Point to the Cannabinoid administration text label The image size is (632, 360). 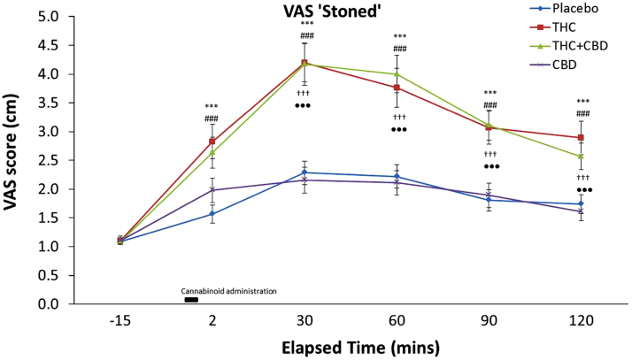point(229,290)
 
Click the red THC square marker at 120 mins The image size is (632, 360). point(579,138)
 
